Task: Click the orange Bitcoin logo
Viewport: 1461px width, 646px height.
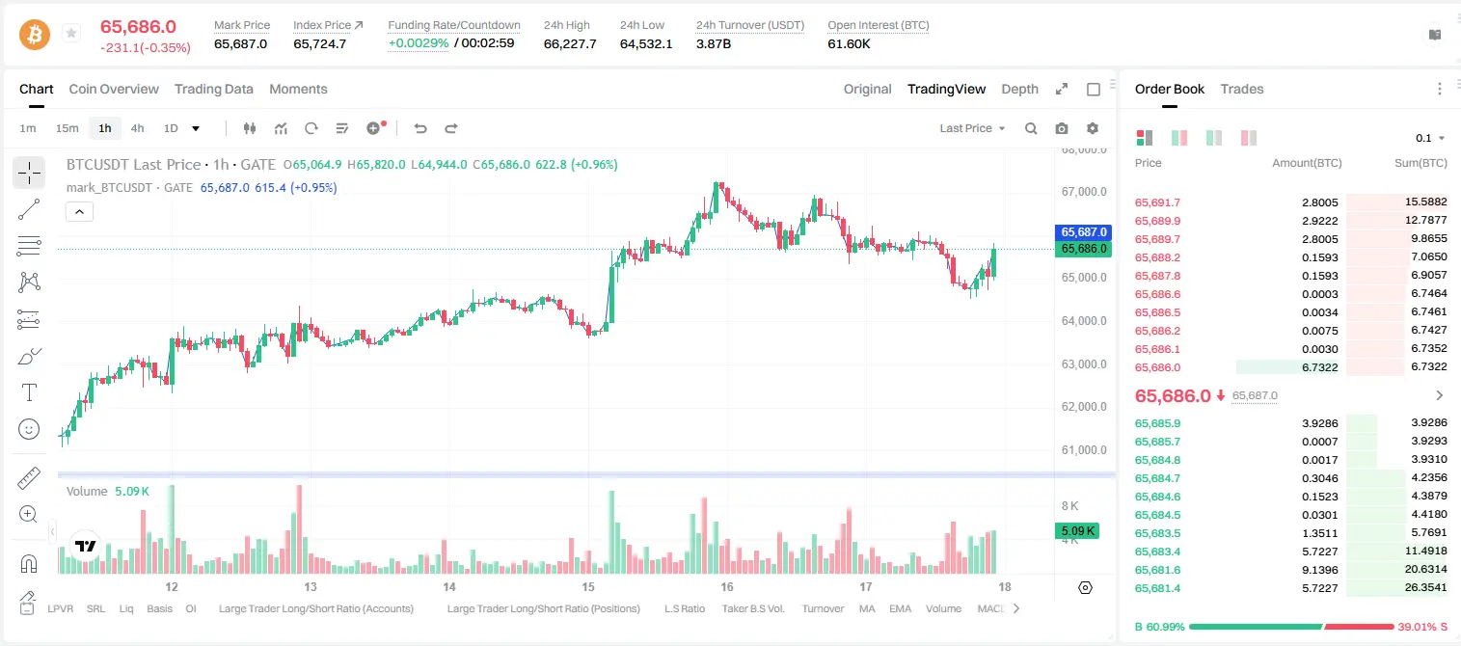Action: tap(35, 35)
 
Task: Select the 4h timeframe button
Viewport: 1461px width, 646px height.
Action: tap(137, 128)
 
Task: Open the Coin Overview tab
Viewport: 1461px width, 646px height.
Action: tap(114, 89)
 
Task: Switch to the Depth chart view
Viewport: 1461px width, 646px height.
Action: tap(1019, 89)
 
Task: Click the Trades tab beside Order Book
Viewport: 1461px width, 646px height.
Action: tap(1241, 89)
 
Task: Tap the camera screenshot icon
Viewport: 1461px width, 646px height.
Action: tap(1061, 128)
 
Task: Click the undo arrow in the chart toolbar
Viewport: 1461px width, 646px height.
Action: tap(420, 128)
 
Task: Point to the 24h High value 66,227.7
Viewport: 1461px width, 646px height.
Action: tap(569, 43)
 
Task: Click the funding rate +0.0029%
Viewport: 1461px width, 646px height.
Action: tap(419, 43)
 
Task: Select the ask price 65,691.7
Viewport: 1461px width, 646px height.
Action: tap(1157, 202)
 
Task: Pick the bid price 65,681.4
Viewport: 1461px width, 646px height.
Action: tap(1157, 588)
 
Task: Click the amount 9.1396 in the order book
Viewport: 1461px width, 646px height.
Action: tap(1319, 570)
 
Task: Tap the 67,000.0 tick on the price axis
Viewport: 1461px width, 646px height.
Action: tap(1083, 192)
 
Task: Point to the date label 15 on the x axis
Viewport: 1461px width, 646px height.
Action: tap(587, 586)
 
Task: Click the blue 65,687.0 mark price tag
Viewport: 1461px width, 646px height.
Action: tap(1083, 232)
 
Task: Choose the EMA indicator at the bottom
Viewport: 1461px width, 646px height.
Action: tap(900, 608)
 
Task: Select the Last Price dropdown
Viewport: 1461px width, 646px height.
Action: tap(972, 128)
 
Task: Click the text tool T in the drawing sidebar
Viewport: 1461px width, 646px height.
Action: tap(29, 392)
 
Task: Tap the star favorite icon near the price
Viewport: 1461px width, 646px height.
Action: tap(71, 33)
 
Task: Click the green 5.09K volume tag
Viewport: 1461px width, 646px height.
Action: tap(1077, 530)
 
